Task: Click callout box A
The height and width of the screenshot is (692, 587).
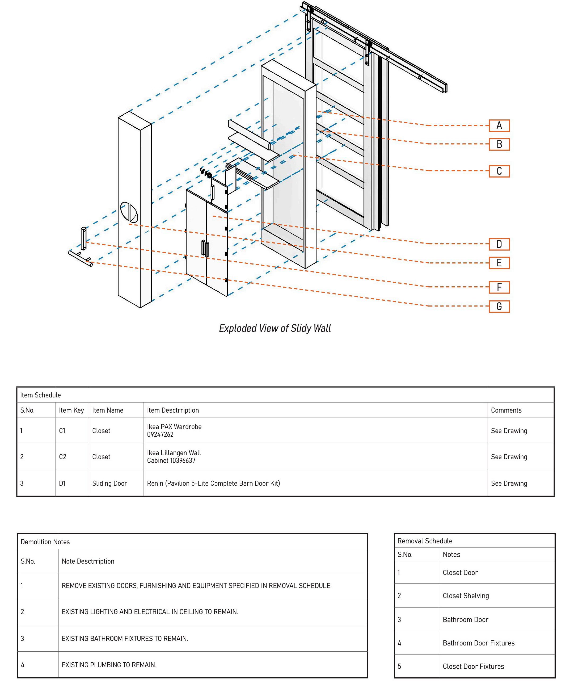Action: [x=499, y=126]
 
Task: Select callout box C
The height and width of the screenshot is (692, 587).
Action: [x=499, y=171]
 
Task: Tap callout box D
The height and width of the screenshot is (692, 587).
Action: [x=499, y=244]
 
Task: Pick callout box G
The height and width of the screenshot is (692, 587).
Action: [x=499, y=306]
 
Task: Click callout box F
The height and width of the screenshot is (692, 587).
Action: [x=499, y=287]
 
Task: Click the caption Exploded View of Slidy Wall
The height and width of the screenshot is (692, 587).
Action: [x=275, y=328]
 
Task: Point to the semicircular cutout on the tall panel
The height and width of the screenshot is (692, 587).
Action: [x=129, y=212]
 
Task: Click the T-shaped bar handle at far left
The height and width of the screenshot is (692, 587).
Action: [x=80, y=258]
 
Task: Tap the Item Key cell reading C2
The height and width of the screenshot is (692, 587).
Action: [x=62, y=457]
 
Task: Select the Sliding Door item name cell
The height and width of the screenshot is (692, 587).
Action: [x=109, y=483]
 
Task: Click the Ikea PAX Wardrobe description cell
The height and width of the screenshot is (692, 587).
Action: [x=174, y=430]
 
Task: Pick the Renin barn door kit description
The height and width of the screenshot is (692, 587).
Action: [x=213, y=483]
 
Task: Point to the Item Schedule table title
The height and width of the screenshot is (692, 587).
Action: [x=41, y=395]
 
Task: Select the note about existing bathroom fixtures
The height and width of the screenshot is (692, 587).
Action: [x=125, y=638]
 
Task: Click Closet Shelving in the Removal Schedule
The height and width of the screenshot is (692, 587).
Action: [x=466, y=596]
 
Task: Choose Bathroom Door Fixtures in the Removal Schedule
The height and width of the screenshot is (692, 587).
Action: [x=478, y=643]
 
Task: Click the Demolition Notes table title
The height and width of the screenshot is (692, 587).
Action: [x=45, y=542]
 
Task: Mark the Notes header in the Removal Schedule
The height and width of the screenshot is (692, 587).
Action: [x=451, y=555]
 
